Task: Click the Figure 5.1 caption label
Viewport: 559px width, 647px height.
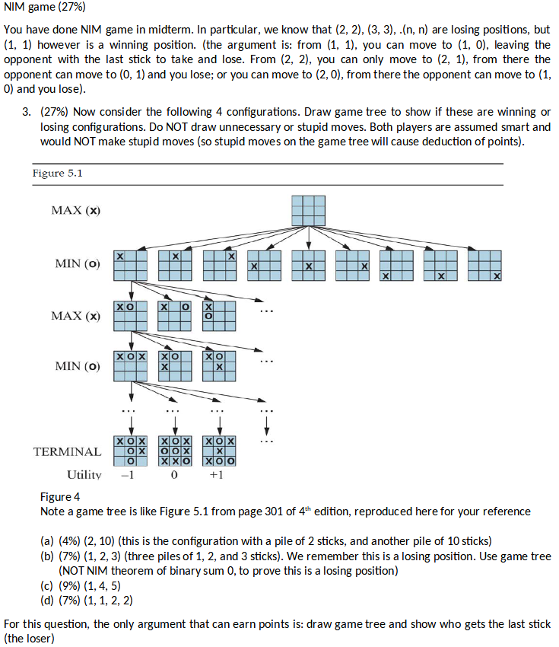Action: [58, 174]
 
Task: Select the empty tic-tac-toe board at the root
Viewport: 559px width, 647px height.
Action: [308, 211]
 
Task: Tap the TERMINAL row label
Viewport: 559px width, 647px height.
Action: [67, 451]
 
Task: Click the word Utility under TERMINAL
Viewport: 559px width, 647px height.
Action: [84, 475]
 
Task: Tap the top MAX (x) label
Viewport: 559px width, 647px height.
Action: [75, 210]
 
